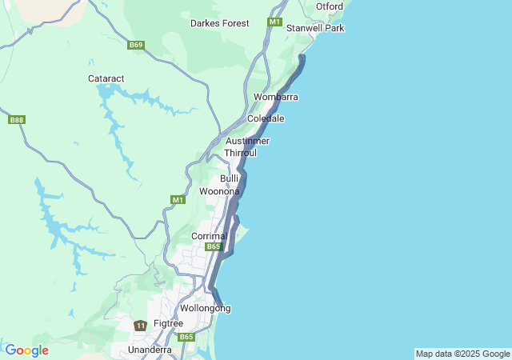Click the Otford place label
[329, 6]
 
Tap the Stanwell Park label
[315, 28]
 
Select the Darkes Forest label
[219, 23]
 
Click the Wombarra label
[276, 97]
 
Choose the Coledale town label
[266, 118]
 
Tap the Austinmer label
[247, 141]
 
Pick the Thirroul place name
[240, 152]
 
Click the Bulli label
[230, 178]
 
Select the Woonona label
[219, 191]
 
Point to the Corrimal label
[210, 236]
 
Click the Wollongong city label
[206, 308]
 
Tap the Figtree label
[168, 323]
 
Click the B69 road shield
[136, 45]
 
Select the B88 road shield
[16, 120]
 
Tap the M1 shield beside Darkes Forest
[274, 22]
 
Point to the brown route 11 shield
[141, 326]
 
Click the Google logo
[26, 350]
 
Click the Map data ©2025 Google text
[462, 354]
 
